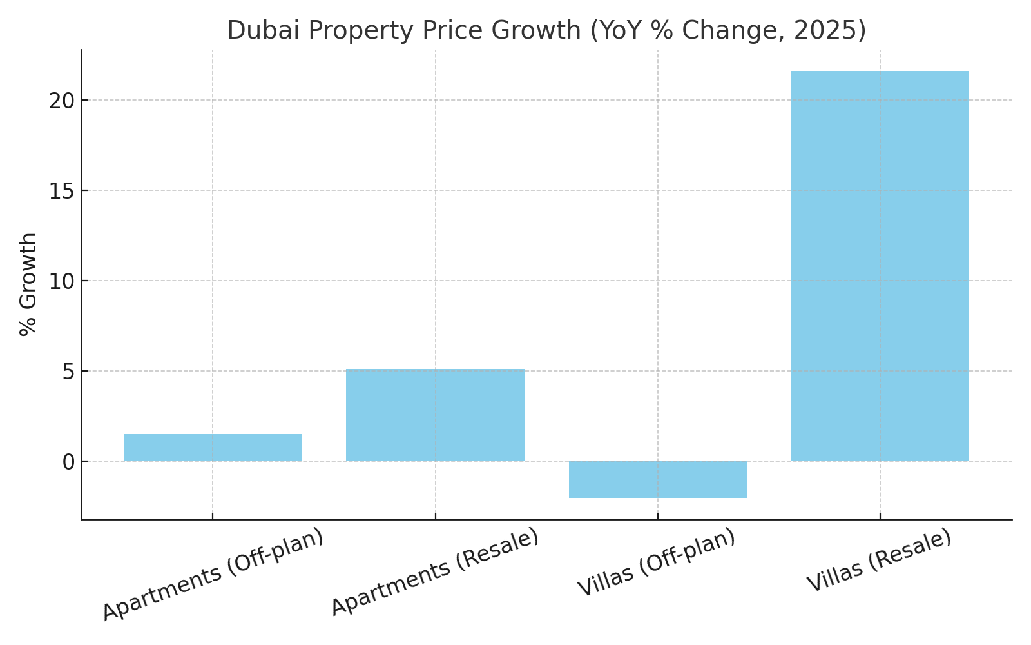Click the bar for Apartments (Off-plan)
(x=213, y=448)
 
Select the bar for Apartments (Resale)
(x=435, y=415)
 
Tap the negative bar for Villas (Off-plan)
(x=657, y=479)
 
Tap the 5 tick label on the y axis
(x=68, y=372)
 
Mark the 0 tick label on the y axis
(x=68, y=462)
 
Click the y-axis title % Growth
(x=28, y=284)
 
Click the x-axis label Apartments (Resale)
(x=435, y=571)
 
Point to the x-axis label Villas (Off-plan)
(x=657, y=562)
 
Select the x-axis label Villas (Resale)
(x=879, y=559)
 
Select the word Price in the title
(x=450, y=30)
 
